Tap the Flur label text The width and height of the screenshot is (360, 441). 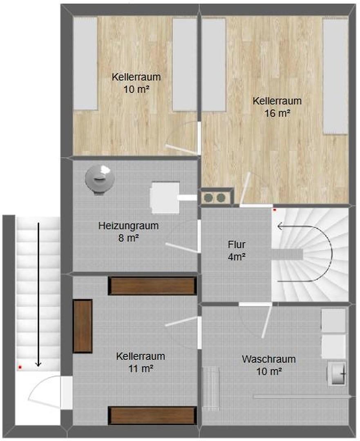point(237,245)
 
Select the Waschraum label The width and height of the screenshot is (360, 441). point(268,359)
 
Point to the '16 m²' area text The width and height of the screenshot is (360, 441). point(277,113)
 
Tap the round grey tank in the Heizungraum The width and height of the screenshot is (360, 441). point(99,179)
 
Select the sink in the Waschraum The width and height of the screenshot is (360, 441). point(338,373)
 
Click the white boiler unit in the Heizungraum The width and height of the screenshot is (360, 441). point(165,198)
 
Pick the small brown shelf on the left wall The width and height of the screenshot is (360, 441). point(83,325)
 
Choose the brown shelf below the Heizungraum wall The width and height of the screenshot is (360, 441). point(152,286)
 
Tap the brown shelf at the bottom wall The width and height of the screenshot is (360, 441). point(152,415)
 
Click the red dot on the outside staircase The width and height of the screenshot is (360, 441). point(20,367)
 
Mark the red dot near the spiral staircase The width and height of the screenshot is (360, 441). point(275,210)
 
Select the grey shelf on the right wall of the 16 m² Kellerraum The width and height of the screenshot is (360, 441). point(335,76)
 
